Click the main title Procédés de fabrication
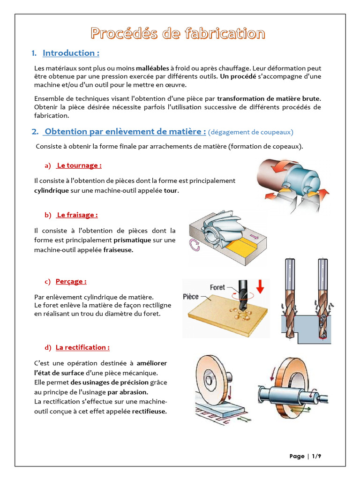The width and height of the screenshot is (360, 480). click(178, 33)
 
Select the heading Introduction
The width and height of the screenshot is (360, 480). click(71, 53)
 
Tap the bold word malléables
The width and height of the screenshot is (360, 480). click(152, 68)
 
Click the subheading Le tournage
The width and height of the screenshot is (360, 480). click(79, 165)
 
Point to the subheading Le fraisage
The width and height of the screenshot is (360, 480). click(77, 215)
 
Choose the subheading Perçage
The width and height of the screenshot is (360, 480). click(71, 281)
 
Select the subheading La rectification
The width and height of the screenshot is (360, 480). click(82, 347)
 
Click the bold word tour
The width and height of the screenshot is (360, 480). click(171, 190)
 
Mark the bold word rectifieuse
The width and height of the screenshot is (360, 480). click(150, 412)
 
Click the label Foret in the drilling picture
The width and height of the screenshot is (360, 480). click(217, 287)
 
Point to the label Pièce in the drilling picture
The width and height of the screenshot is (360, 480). click(191, 297)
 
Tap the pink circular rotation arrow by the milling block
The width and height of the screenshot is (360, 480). click(195, 245)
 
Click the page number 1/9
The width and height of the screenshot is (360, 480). click(316, 456)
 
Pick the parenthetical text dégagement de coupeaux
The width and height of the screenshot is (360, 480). click(251, 132)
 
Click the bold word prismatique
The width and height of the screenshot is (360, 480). click(132, 240)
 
